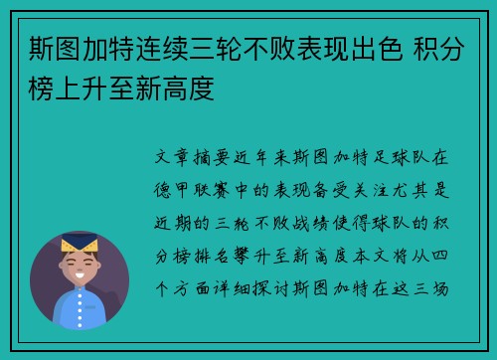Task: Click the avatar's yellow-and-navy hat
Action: [79, 242]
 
